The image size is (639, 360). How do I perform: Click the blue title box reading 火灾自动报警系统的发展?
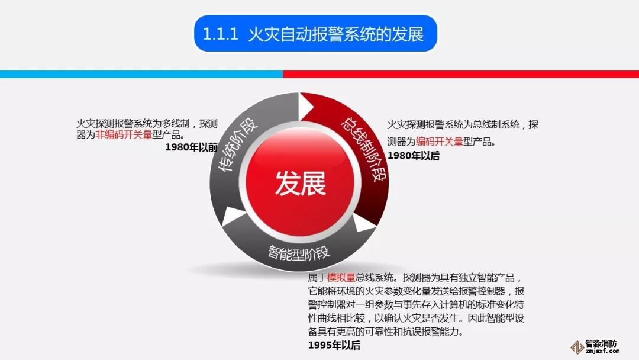pyautogui.click(x=315, y=33)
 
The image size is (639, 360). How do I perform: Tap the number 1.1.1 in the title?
pyautogui.click(x=221, y=34)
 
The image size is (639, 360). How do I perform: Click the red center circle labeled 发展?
pyautogui.click(x=301, y=182)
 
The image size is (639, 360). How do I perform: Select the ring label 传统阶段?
pyautogui.click(x=238, y=144)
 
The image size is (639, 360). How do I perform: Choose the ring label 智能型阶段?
pyautogui.click(x=299, y=253)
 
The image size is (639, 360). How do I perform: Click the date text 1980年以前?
pyautogui.click(x=191, y=147)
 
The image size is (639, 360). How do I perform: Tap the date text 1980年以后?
pyautogui.click(x=413, y=156)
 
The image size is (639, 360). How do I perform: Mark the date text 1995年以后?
pyautogui.click(x=334, y=345)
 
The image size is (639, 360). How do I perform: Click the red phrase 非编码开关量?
pyautogui.click(x=124, y=134)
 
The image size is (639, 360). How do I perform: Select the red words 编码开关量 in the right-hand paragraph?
pyautogui.click(x=439, y=142)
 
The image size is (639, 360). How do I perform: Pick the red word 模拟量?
pyautogui.click(x=341, y=278)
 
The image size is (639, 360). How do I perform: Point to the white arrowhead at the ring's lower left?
pyautogui.click(x=233, y=216)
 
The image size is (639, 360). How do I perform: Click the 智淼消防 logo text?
pyautogui.click(x=601, y=343)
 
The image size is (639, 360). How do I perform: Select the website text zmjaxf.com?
pyautogui.click(x=602, y=351)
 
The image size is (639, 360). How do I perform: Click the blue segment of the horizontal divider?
pyautogui.click(x=141, y=74)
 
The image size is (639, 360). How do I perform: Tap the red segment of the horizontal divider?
pyautogui.click(x=461, y=74)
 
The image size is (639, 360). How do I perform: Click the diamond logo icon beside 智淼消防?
pyautogui.click(x=577, y=347)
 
